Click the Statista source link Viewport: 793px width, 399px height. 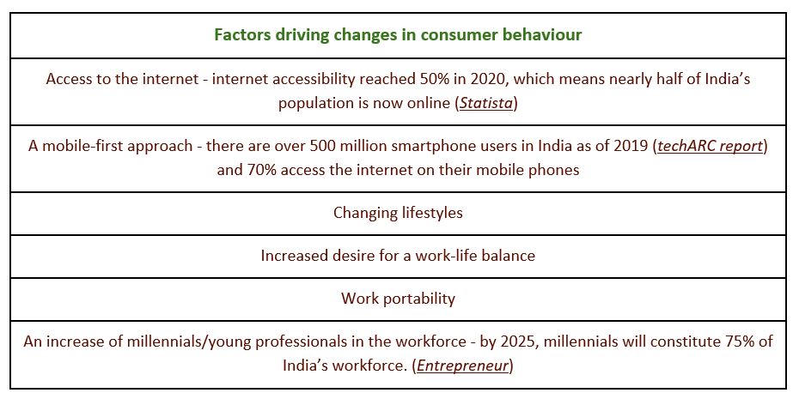pyautogui.click(x=486, y=103)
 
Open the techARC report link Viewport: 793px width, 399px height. pyautogui.click(x=710, y=146)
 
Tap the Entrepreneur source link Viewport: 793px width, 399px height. pyautogui.click(x=462, y=366)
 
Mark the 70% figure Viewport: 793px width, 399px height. pyautogui.click(x=261, y=169)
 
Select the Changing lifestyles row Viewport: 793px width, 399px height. pyautogui.click(x=398, y=213)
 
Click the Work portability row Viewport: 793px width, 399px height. pyautogui.click(x=398, y=298)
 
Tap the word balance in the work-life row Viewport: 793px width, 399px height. pyautogui.click(x=508, y=256)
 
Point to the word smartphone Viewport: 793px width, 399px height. pyautogui.click(x=378, y=147)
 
